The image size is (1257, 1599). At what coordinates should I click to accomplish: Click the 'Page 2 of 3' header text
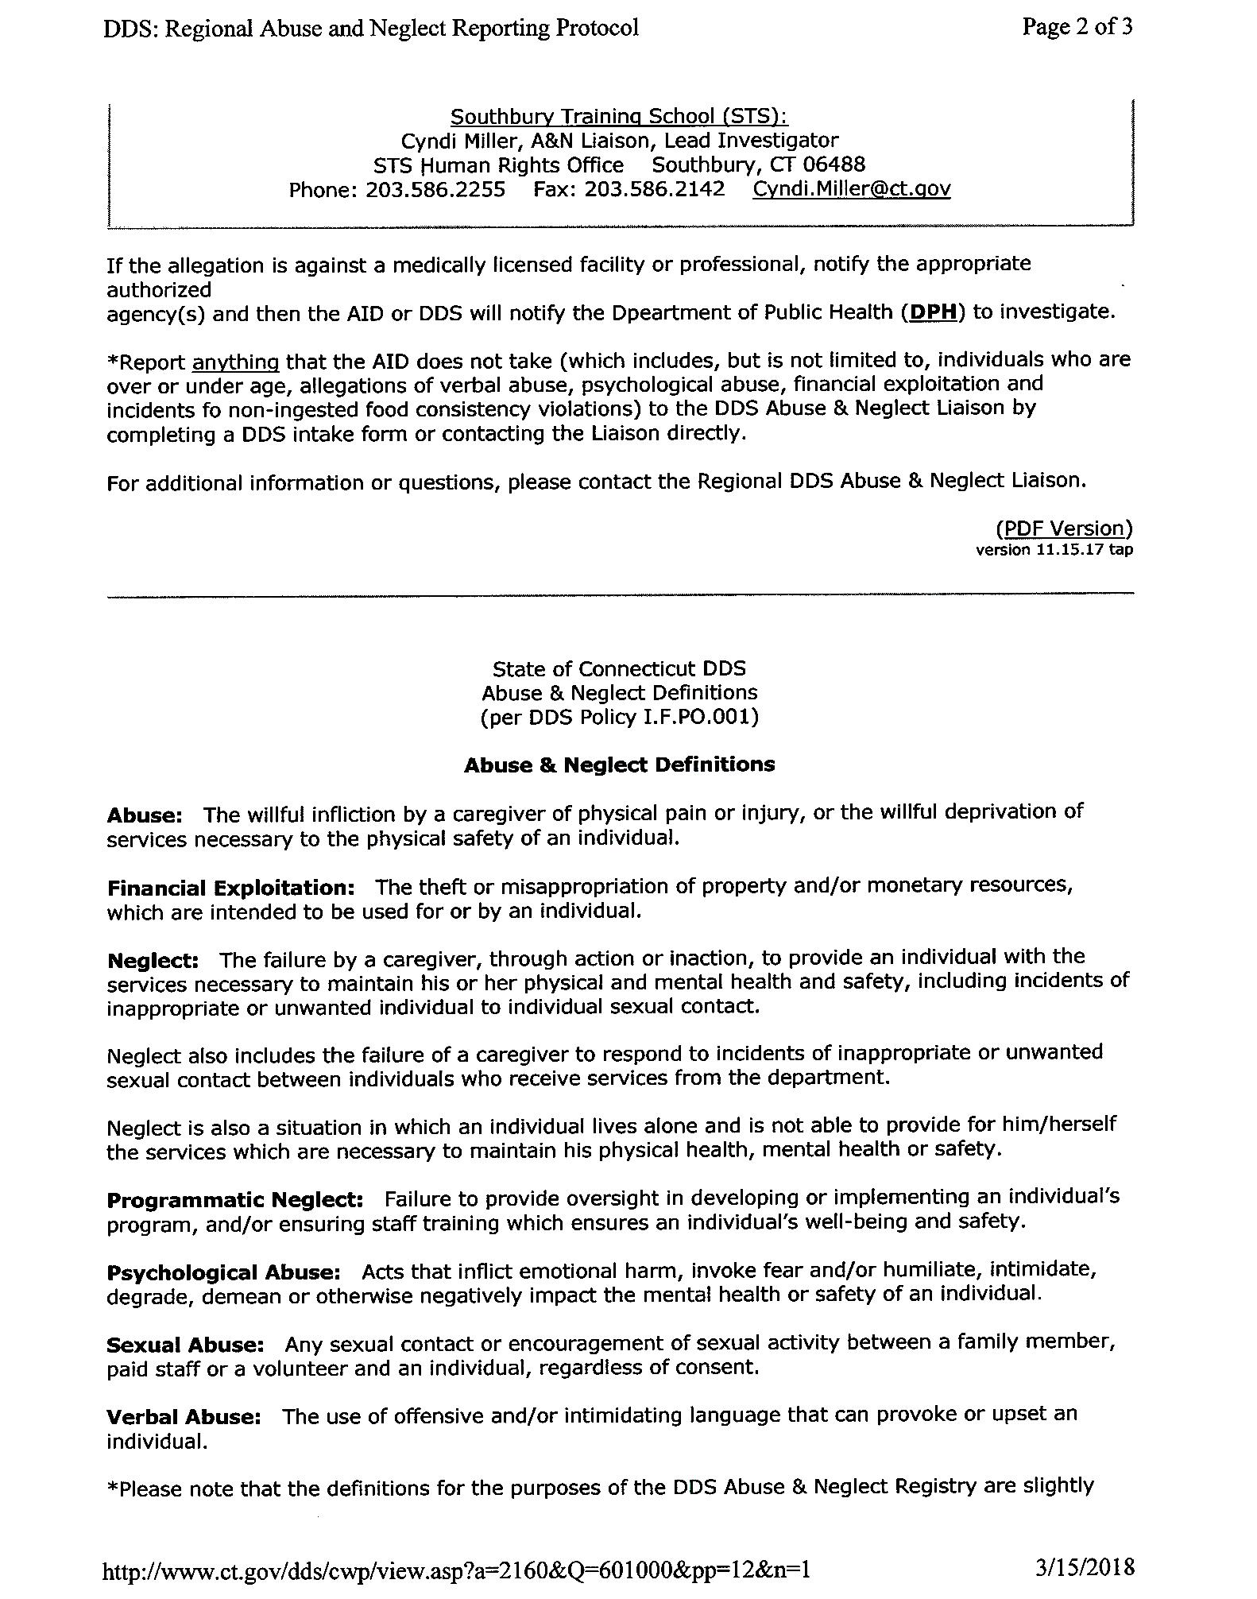(x=1077, y=27)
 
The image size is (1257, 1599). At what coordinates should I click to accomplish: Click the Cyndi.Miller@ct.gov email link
(x=851, y=189)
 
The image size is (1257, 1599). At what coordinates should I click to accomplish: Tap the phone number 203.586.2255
(x=435, y=190)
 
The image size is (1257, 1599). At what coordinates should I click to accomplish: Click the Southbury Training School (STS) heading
(x=619, y=117)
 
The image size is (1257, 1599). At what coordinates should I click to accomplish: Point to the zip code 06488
(x=833, y=165)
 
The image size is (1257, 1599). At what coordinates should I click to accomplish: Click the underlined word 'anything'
(x=235, y=362)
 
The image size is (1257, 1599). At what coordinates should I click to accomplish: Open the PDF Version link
(x=1064, y=528)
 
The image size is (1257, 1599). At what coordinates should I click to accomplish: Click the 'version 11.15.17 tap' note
(x=1054, y=550)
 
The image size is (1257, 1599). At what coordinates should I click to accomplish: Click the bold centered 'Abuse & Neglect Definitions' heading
(x=619, y=765)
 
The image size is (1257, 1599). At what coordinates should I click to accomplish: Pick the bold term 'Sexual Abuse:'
(x=185, y=1345)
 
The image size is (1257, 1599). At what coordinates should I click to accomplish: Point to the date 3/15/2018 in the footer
(x=1085, y=1568)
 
